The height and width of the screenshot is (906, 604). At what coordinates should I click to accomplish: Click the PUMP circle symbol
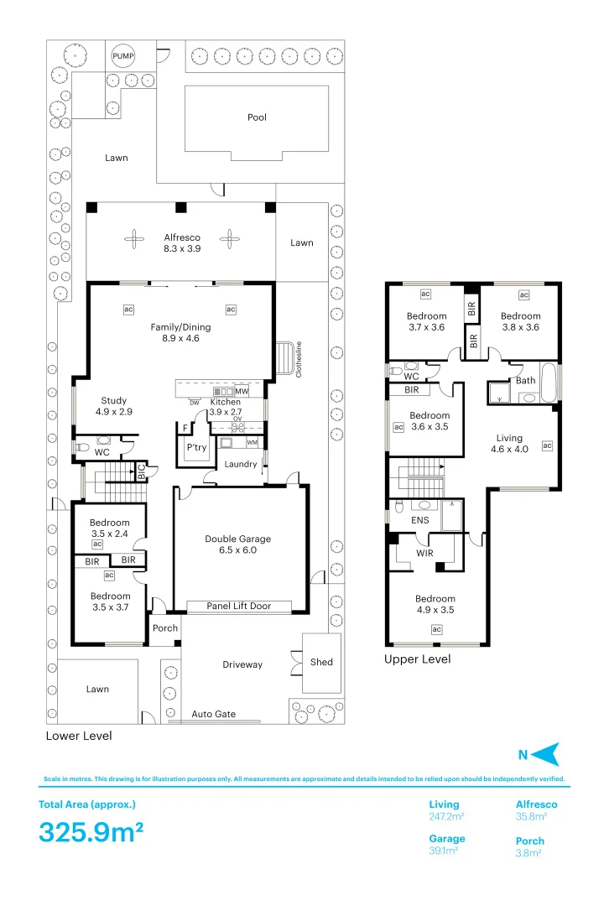click(123, 56)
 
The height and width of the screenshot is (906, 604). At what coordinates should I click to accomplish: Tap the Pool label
click(258, 117)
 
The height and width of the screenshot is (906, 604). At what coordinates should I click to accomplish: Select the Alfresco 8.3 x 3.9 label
click(182, 242)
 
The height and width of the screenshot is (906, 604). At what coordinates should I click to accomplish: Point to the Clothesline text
click(299, 359)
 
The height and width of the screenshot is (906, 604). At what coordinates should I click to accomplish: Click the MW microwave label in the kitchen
click(242, 391)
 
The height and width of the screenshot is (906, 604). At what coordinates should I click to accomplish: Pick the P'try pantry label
click(196, 447)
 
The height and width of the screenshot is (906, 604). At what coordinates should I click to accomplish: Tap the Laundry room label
click(241, 464)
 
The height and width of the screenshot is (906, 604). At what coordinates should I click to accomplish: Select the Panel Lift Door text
click(239, 606)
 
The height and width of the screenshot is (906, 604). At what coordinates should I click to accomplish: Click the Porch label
click(165, 628)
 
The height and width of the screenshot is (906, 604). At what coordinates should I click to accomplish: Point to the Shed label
click(321, 662)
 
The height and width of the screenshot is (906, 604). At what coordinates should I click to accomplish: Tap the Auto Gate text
click(214, 714)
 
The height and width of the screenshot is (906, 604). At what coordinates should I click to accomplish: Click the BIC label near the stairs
click(142, 472)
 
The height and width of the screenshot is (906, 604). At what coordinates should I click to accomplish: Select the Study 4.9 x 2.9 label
click(114, 406)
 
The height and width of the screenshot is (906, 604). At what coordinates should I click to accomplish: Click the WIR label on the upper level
click(424, 553)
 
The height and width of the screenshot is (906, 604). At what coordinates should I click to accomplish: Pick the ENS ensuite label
click(420, 520)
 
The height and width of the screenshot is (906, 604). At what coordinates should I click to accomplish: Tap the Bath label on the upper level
click(525, 380)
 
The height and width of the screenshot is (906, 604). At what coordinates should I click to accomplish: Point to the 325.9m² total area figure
click(91, 832)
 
